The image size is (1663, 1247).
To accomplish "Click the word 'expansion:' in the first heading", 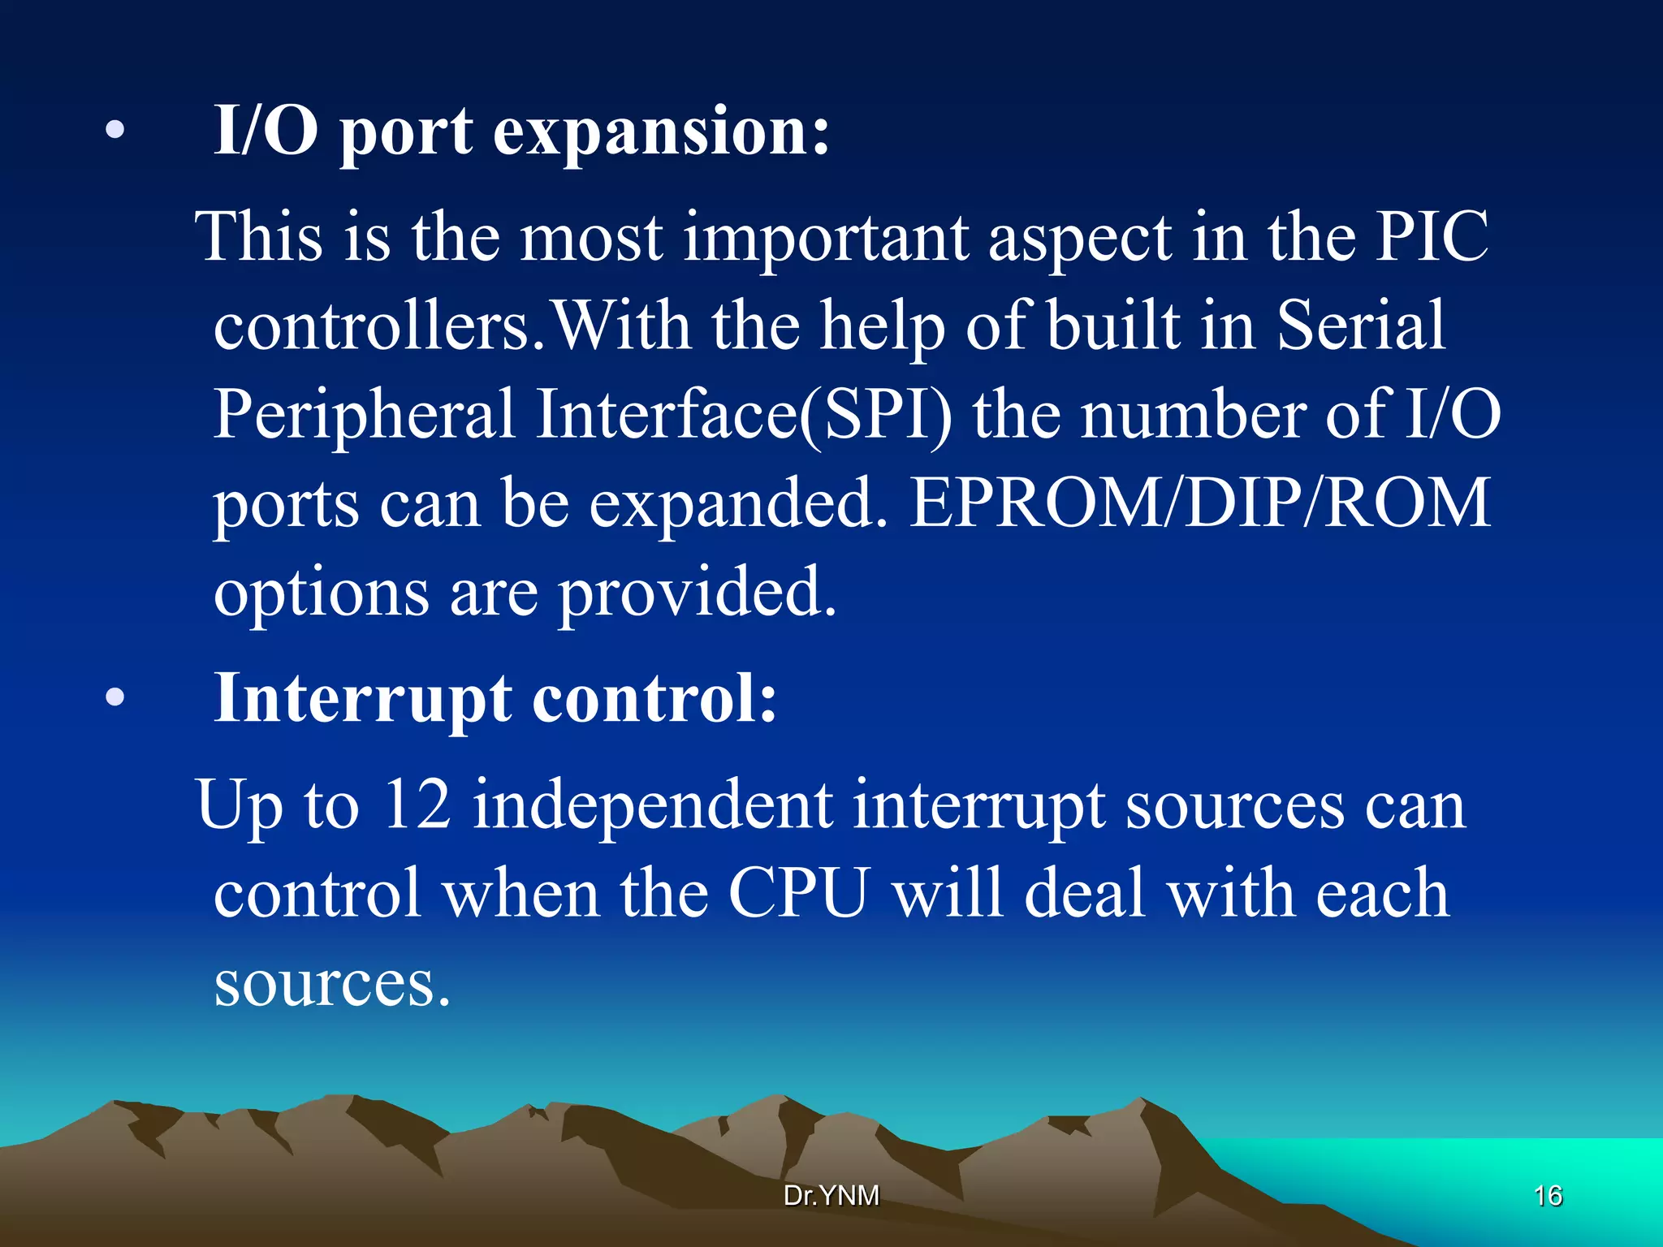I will (x=662, y=132).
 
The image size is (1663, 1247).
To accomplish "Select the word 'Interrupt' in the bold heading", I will (x=363, y=699).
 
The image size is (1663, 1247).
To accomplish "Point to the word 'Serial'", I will (x=1361, y=326).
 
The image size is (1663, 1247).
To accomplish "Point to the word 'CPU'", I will (x=799, y=893).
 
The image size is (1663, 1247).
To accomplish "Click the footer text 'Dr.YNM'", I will (x=831, y=1195).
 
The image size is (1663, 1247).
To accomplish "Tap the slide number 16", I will (x=1548, y=1196).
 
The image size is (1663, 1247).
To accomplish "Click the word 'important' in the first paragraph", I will (x=826, y=238).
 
